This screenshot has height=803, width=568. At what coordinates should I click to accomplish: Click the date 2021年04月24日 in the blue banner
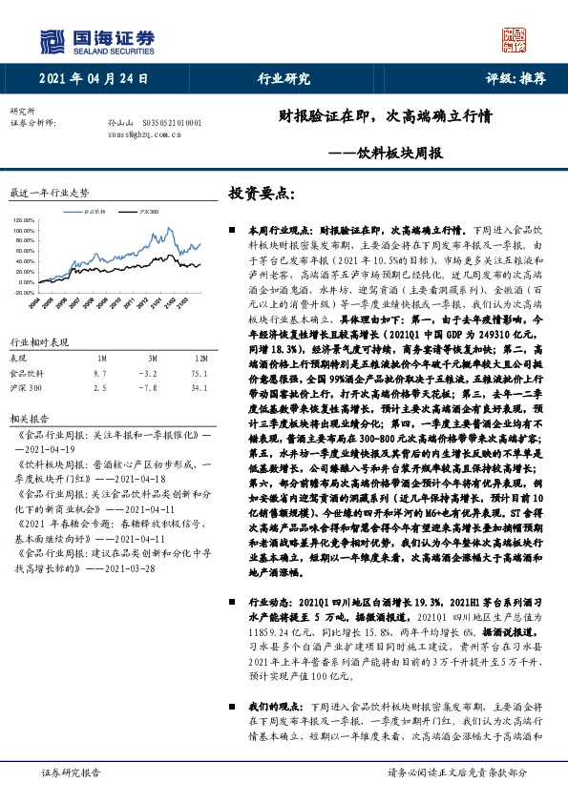[95, 79]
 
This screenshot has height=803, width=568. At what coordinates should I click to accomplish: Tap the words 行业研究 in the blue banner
[284, 79]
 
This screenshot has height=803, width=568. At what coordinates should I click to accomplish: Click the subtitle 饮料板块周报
[390, 152]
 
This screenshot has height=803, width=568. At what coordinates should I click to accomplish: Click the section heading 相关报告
[26, 419]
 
